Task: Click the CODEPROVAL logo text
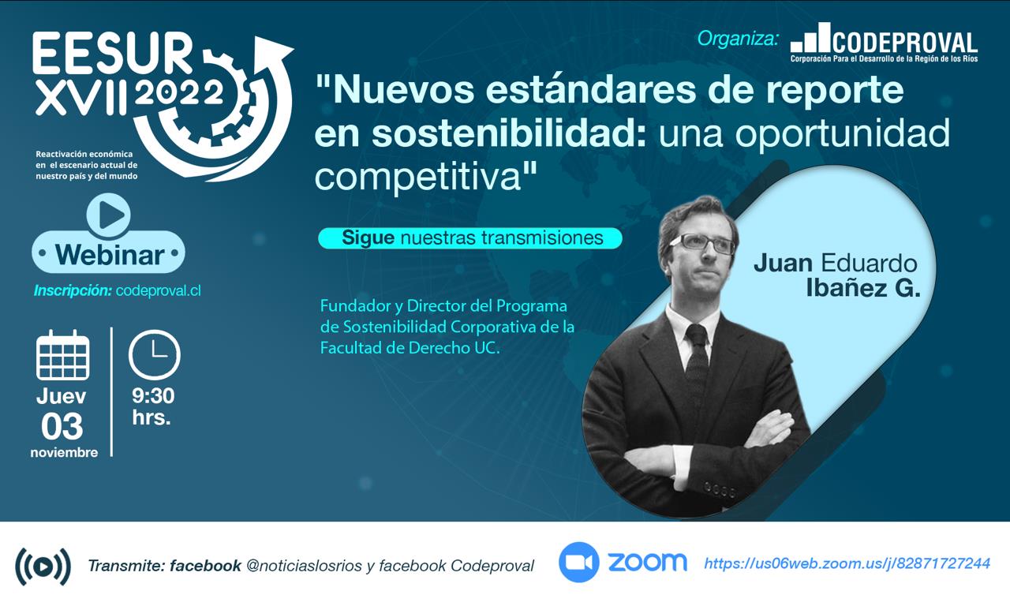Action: point(904,43)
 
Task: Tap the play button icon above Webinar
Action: point(109,215)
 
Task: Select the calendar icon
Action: point(62,355)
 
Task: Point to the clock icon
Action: point(154,354)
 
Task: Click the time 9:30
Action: point(153,395)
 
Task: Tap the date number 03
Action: point(62,426)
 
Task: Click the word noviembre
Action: point(64,452)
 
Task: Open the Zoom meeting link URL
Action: point(847,563)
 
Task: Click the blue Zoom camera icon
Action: point(579,563)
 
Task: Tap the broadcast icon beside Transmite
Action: point(43,567)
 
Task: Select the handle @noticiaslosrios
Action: point(305,566)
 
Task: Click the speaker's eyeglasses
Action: point(703,244)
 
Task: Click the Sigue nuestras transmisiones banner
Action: point(470,238)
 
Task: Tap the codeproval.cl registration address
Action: point(159,291)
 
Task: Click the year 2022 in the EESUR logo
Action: point(179,93)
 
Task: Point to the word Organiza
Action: point(738,39)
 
